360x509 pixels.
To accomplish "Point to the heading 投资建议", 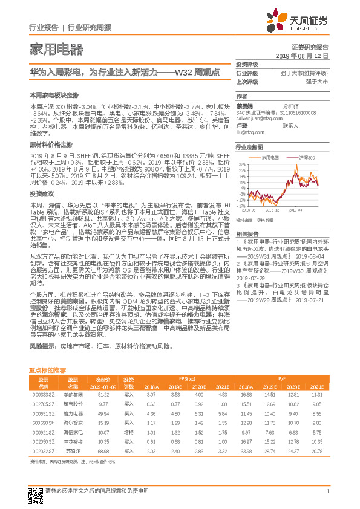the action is [x=42, y=194].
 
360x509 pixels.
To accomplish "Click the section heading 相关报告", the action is [x=247, y=234].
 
